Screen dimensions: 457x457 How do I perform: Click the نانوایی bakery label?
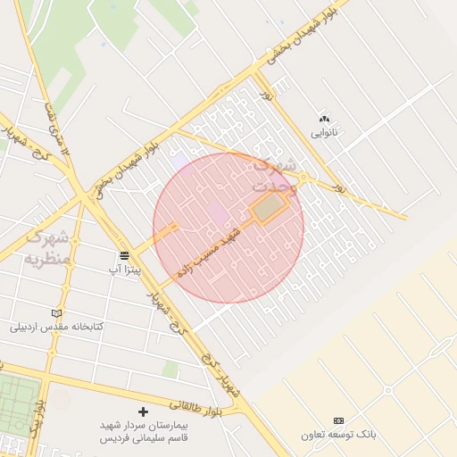point(324,133)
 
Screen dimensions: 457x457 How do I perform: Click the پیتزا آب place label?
point(125,268)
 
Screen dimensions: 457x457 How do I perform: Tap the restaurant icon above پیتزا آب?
point(125,254)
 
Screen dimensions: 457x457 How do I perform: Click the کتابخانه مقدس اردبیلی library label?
point(57,327)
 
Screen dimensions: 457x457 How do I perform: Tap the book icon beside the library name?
point(57,313)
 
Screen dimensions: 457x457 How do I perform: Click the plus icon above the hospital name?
point(143,412)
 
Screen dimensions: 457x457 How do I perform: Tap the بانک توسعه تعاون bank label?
point(338,435)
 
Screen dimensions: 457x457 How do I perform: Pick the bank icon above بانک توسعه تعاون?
point(338,420)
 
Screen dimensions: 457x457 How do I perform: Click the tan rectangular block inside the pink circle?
point(270,209)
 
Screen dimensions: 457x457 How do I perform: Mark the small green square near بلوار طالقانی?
point(170,369)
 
